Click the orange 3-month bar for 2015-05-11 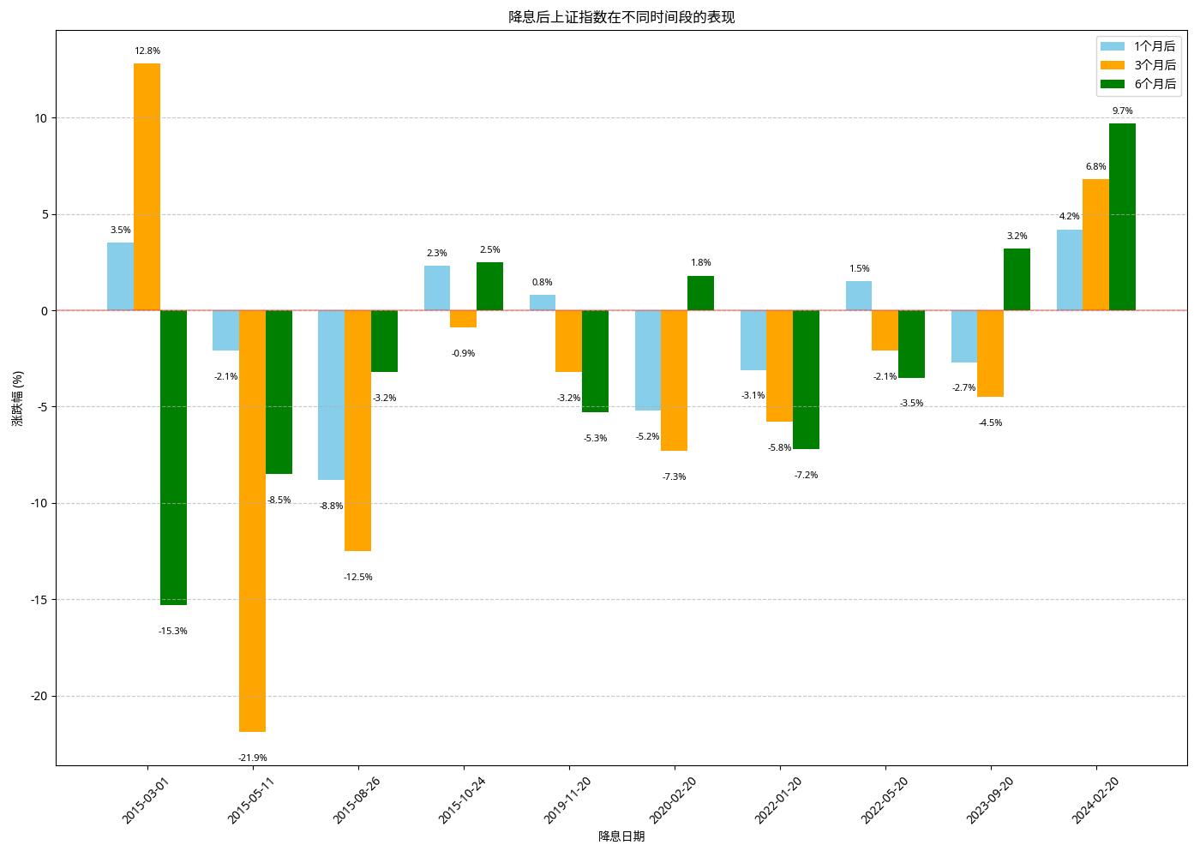tap(252, 520)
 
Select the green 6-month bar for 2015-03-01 tap(173, 458)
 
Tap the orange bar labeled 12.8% tap(147, 187)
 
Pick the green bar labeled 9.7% tap(1122, 217)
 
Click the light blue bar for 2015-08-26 tap(331, 395)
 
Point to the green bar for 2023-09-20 tap(1017, 279)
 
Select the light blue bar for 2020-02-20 tap(648, 360)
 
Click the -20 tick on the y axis tap(39, 697)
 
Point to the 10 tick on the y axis tap(41, 118)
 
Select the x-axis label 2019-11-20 tap(568, 800)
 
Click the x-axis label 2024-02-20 tap(1095, 800)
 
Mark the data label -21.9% tap(253, 758)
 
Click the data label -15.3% tap(173, 632)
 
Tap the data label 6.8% tap(1095, 167)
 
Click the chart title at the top tap(621, 17)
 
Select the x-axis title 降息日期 tap(621, 836)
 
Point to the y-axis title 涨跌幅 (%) tap(18, 399)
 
